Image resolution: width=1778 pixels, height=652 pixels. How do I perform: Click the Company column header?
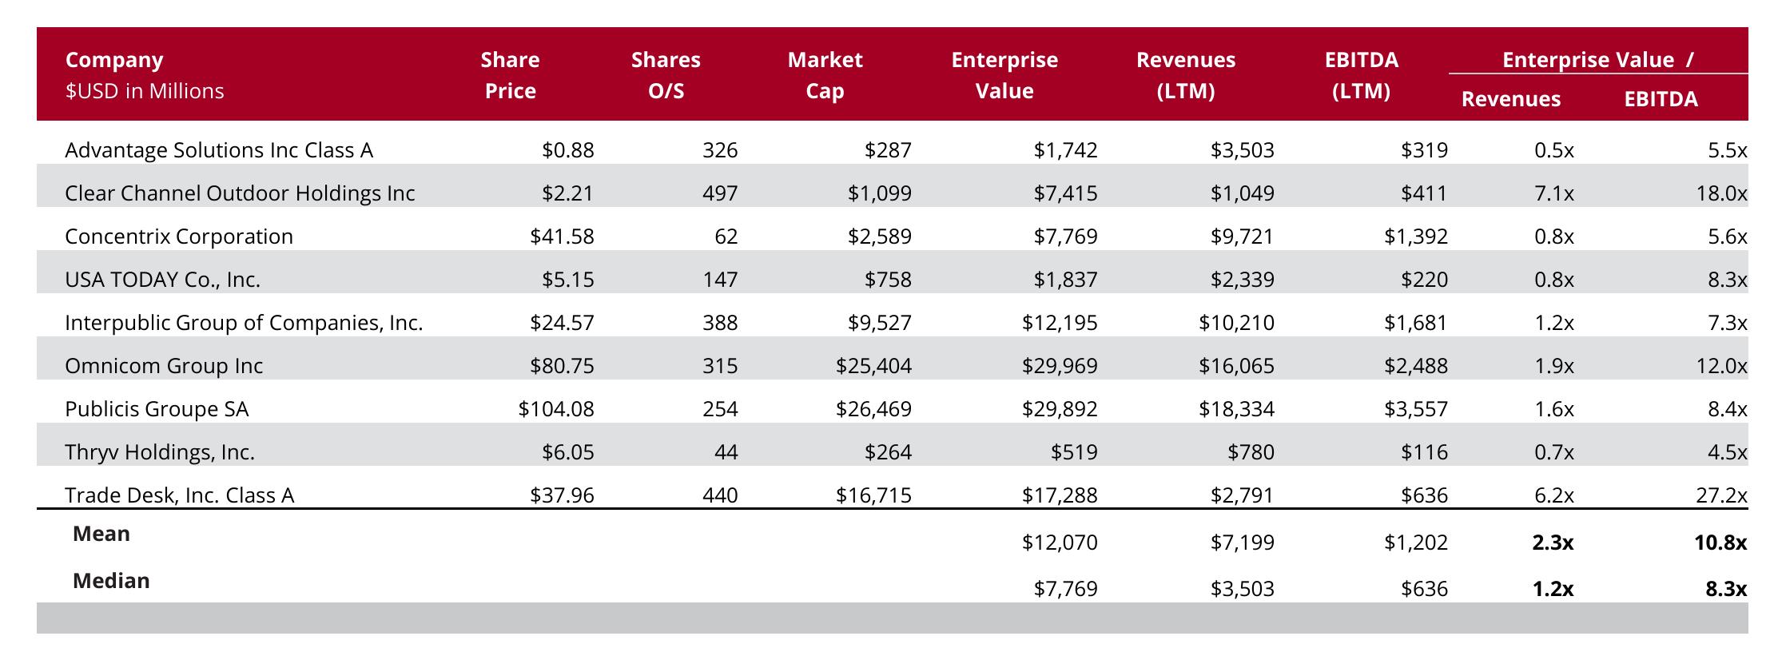(x=114, y=60)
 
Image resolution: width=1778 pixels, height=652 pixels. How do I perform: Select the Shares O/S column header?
(x=666, y=75)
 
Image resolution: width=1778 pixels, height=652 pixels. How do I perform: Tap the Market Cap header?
(x=825, y=75)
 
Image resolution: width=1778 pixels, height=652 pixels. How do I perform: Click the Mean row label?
(x=101, y=534)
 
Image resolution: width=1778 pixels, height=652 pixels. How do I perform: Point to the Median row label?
(x=111, y=581)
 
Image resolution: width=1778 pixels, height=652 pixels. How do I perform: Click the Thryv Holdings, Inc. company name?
(x=160, y=452)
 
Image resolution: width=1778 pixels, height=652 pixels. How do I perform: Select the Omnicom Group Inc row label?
(x=164, y=366)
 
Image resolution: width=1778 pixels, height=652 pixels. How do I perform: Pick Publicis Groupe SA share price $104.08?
(x=556, y=409)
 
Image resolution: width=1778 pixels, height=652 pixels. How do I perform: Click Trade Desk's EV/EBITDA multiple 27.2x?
(x=1721, y=495)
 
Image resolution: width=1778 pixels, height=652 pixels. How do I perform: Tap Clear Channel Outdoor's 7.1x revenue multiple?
(x=1554, y=193)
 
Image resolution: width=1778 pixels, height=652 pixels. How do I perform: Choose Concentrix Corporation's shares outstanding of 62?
(x=726, y=237)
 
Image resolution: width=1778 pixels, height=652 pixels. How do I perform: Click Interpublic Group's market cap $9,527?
(x=880, y=323)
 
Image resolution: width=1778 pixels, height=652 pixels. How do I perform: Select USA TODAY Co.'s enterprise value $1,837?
(x=1065, y=280)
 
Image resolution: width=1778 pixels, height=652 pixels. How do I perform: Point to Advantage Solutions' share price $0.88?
(x=568, y=150)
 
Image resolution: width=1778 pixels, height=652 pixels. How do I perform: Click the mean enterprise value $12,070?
(x=1060, y=543)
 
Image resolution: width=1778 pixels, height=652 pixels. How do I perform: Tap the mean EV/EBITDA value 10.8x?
(x=1720, y=543)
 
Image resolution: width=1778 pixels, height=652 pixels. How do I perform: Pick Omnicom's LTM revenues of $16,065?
(x=1236, y=366)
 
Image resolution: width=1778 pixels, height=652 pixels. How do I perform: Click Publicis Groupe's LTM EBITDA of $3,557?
(x=1416, y=409)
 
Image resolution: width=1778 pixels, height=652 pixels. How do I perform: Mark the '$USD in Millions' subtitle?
(x=145, y=91)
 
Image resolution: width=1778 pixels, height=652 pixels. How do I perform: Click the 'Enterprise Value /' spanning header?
(x=1598, y=60)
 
